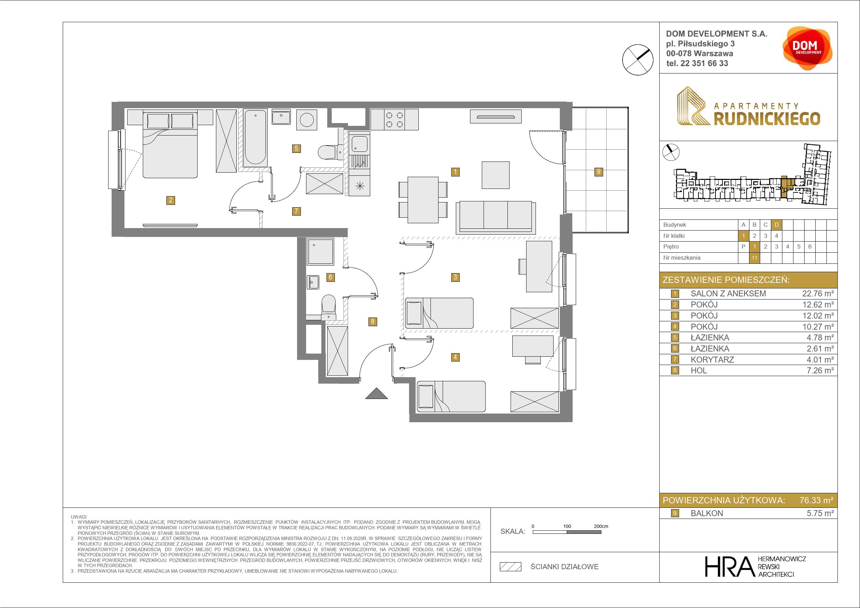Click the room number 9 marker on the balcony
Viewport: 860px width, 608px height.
click(x=599, y=172)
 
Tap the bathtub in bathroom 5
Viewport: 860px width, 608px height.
click(x=255, y=138)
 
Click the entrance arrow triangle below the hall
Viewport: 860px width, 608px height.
click(x=377, y=394)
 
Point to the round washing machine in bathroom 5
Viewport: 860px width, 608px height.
click(x=307, y=120)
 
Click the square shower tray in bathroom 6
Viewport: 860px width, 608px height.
click(x=320, y=252)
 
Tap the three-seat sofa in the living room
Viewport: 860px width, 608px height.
click(x=496, y=218)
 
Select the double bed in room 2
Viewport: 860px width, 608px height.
click(x=170, y=144)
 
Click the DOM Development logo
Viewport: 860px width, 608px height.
click(x=808, y=48)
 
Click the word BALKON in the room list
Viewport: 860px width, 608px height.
click(x=707, y=513)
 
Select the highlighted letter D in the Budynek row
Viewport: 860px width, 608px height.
click(x=776, y=225)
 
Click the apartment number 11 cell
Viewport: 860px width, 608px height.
click(x=754, y=258)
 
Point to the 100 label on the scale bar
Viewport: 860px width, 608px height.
click(x=567, y=526)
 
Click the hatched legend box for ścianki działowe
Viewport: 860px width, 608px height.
click(x=510, y=567)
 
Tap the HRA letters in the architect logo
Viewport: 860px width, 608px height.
click(x=729, y=566)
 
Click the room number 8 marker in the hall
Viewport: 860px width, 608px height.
click(x=372, y=321)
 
